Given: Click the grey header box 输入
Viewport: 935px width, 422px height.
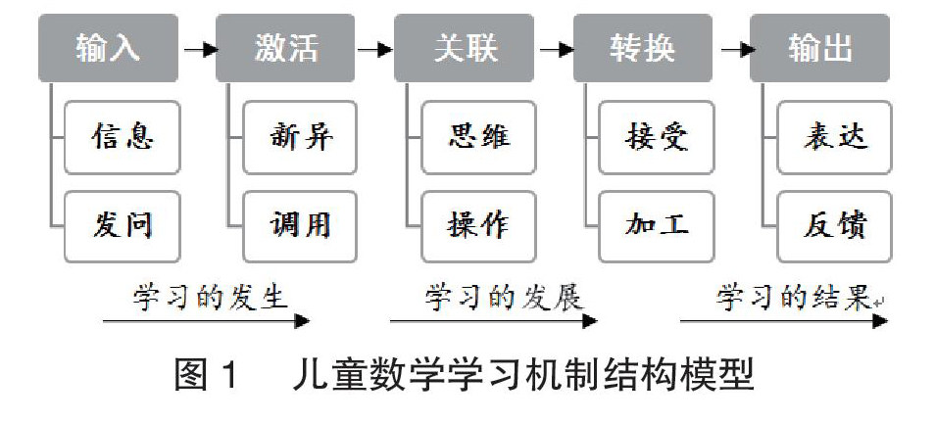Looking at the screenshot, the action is click(108, 48).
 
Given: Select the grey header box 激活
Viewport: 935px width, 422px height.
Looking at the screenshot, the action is click(285, 48).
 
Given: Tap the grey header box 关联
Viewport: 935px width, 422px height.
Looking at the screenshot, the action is click(464, 48).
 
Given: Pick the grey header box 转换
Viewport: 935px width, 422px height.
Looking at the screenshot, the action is click(643, 48).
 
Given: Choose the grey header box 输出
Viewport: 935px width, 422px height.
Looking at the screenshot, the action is click(820, 48).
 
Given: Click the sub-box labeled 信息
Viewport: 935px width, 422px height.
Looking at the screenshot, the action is click(123, 137).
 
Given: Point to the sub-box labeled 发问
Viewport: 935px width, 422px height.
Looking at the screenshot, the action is click(123, 226).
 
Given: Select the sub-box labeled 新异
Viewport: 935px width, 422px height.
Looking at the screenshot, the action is click(300, 137).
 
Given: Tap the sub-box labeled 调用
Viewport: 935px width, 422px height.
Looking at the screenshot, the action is click(300, 226).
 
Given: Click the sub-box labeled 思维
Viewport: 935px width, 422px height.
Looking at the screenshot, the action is click(479, 137).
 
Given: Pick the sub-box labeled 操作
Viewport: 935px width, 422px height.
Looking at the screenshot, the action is click(479, 226).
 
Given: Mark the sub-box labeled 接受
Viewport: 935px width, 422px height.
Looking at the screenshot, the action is click(657, 137).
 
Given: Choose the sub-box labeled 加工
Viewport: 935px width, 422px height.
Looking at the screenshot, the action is click(657, 226).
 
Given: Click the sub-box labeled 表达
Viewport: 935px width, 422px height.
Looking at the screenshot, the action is click(835, 137).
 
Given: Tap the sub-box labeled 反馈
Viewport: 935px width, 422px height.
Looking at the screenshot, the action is click(835, 226).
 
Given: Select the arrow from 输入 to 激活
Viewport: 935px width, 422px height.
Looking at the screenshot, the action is click(200, 50).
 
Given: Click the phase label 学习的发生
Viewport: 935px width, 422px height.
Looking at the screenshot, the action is click(210, 297).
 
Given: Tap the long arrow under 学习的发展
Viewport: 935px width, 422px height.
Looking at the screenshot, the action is click(494, 321).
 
